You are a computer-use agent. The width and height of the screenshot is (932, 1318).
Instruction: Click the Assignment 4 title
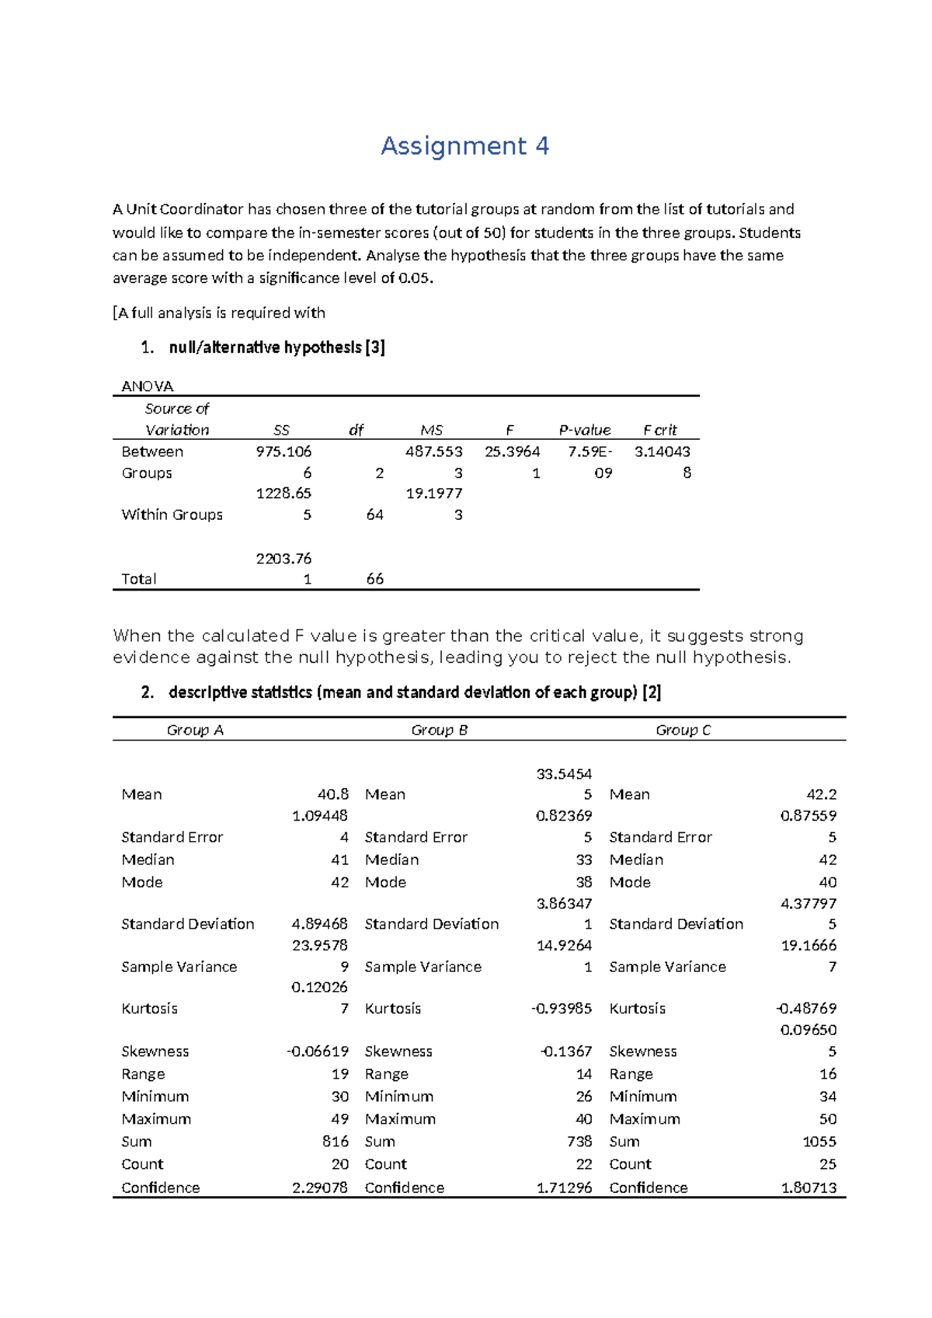[x=464, y=146]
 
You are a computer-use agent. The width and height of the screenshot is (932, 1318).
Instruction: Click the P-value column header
[x=585, y=431]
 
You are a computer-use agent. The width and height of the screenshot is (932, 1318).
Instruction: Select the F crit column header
[x=660, y=431]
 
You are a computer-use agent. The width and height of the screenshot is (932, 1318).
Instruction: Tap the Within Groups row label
[x=172, y=514]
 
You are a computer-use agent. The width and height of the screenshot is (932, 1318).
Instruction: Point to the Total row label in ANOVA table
[x=139, y=579]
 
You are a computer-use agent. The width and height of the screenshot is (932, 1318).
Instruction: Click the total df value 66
[x=374, y=579]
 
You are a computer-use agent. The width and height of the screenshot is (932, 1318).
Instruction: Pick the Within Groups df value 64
[x=374, y=514]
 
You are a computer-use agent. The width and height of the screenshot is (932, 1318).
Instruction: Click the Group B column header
[x=440, y=730]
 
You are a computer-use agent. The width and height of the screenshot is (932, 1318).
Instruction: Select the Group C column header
[x=683, y=730]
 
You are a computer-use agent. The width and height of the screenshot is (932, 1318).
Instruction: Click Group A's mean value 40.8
[x=332, y=794]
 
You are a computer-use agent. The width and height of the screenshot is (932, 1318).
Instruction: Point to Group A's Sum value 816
[x=336, y=1142]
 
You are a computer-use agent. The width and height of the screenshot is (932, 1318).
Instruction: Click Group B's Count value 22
[x=584, y=1164]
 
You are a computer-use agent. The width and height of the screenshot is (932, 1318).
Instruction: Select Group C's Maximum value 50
[x=828, y=1119]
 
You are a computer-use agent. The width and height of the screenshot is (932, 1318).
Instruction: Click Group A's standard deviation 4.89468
[x=319, y=924]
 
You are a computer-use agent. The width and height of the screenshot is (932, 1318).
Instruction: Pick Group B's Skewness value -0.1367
[x=566, y=1051]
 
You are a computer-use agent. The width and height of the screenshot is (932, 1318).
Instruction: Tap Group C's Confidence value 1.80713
[x=809, y=1187]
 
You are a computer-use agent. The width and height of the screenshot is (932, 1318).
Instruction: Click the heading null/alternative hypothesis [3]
[x=276, y=347]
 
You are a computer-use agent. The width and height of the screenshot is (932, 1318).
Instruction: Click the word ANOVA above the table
[x=148, y=386]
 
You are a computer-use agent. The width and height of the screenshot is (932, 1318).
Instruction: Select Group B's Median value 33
[x=584, y=859]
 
